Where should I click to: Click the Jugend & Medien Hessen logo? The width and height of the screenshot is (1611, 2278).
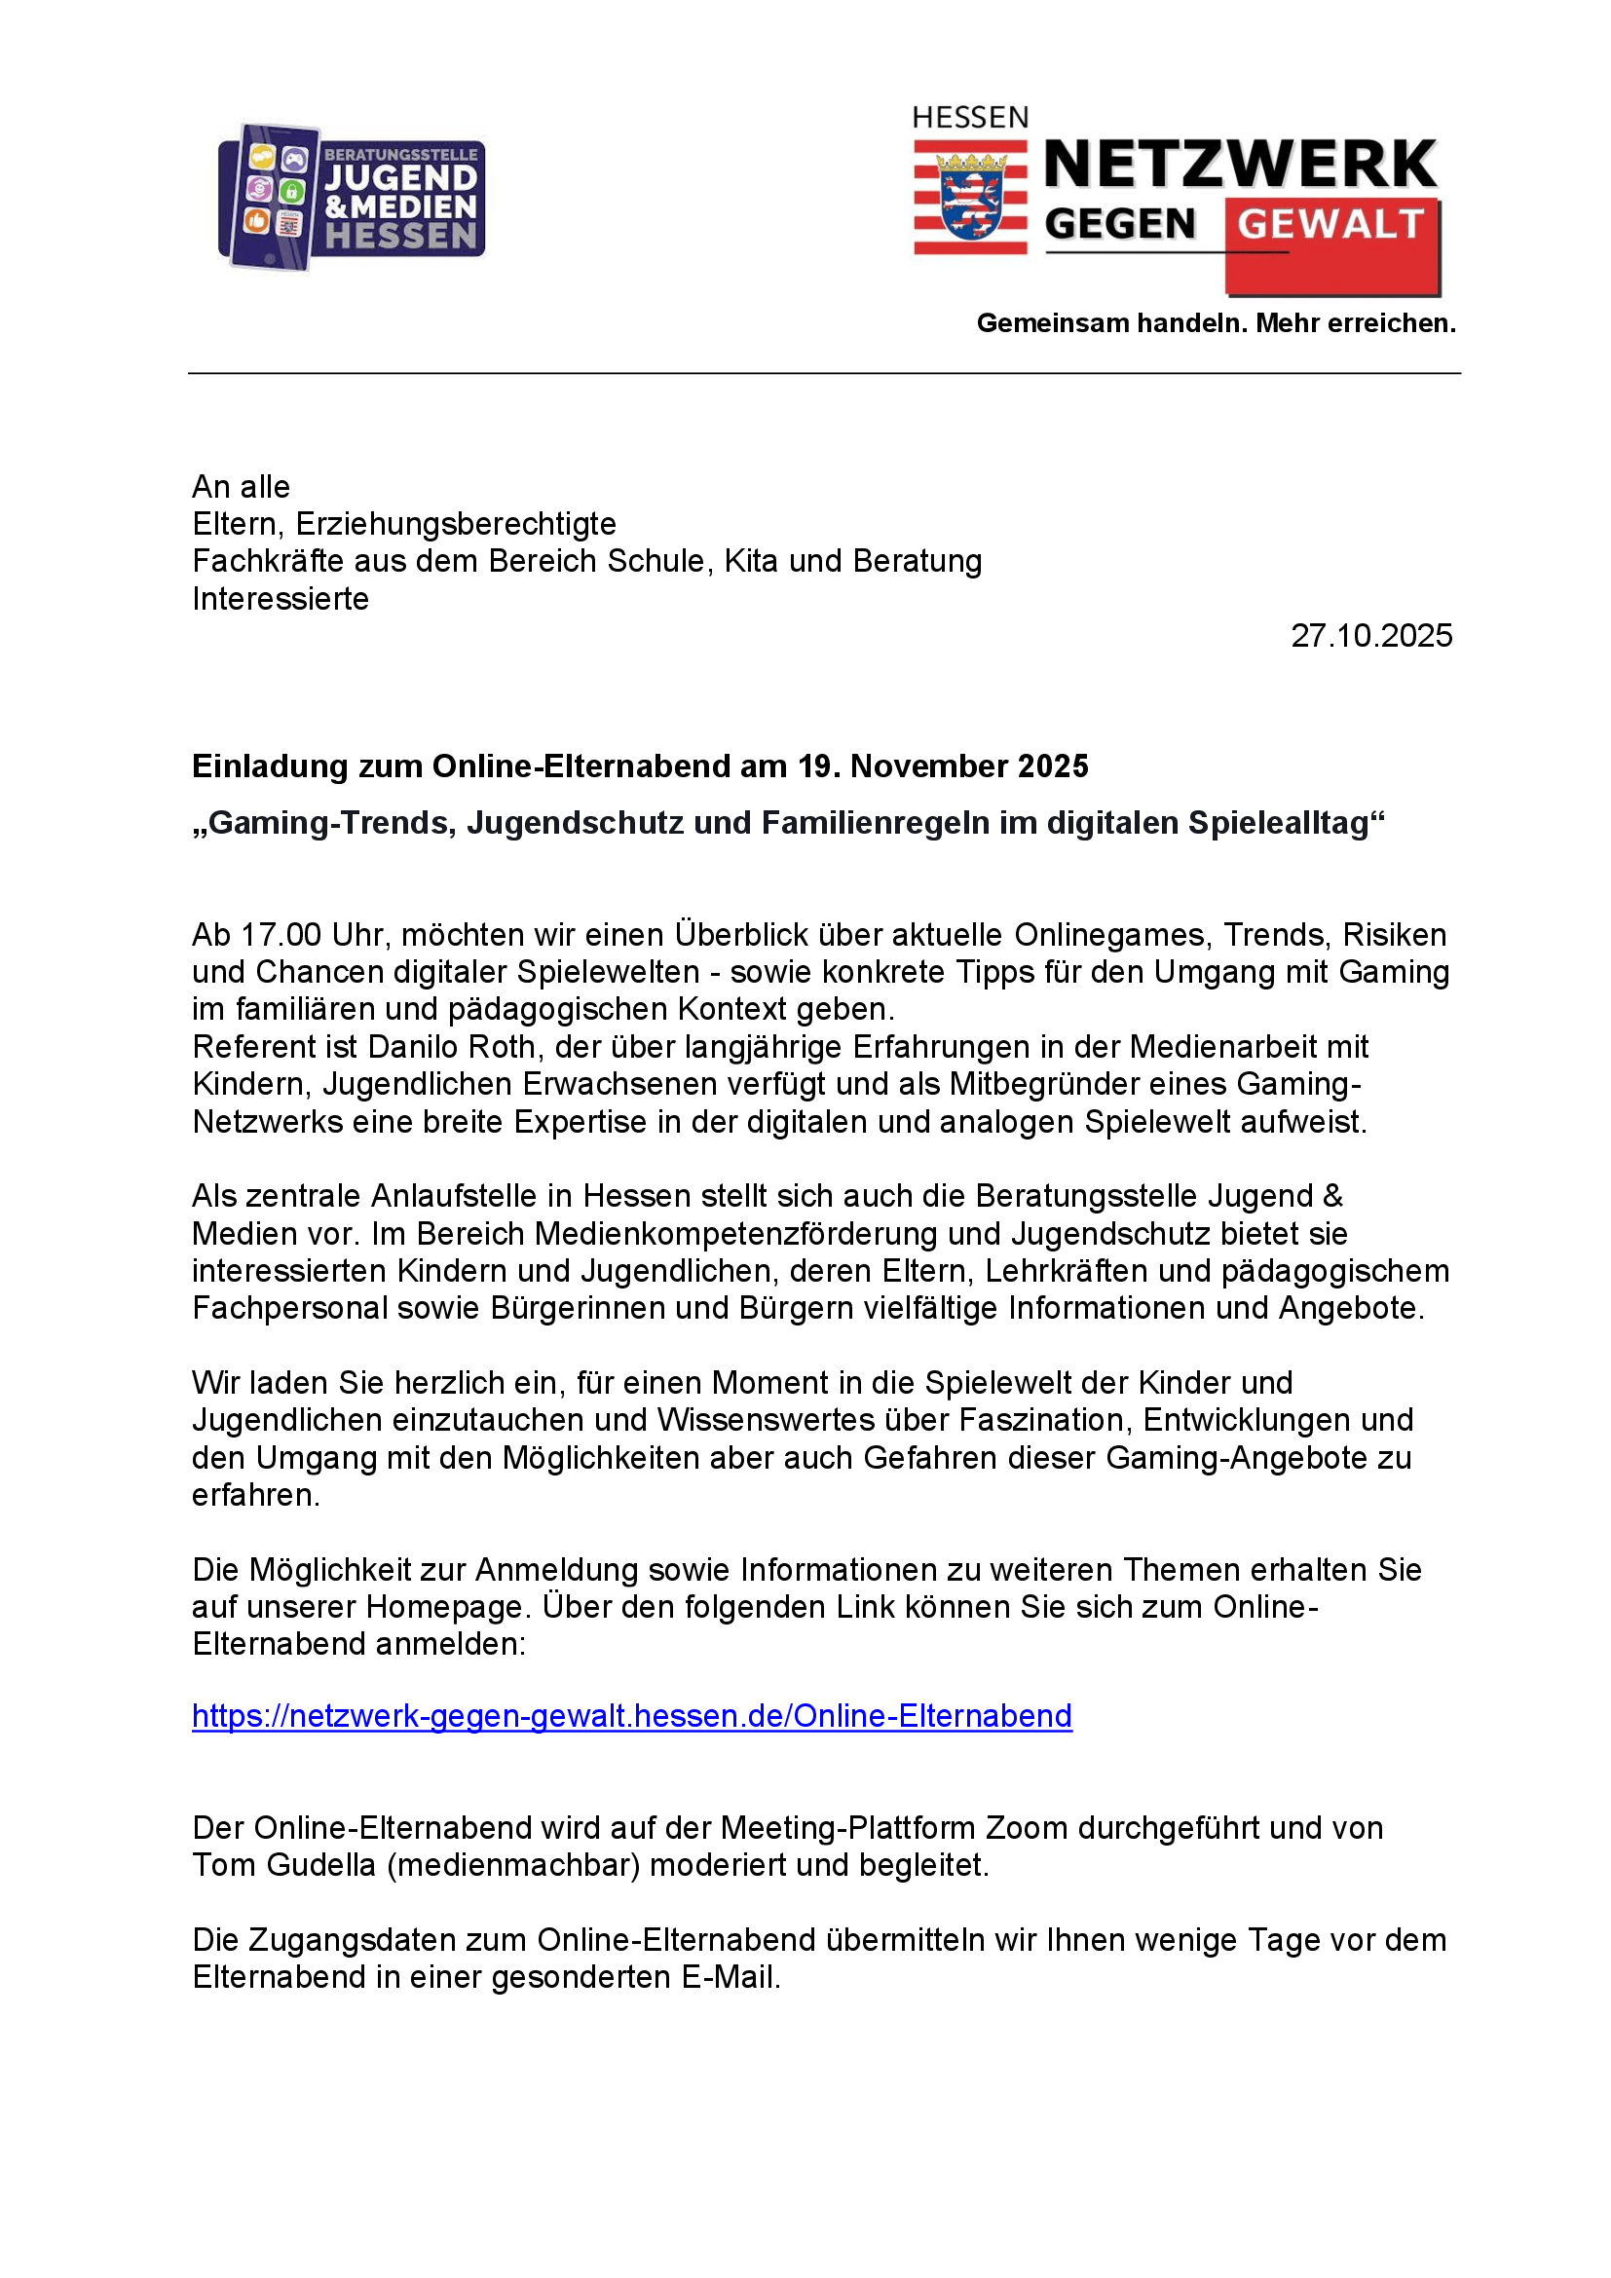(x=352, y=197)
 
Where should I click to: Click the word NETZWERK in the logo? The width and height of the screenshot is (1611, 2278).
(x=1240, y=165)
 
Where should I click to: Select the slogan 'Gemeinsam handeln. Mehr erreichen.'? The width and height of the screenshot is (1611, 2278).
(x=1217, y=323)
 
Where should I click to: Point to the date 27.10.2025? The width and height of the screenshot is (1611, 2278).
(x=1371, y=636)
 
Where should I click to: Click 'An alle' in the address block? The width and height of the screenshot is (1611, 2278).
(x=241, y=487)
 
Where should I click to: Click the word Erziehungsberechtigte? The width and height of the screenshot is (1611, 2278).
(x=455, y=524)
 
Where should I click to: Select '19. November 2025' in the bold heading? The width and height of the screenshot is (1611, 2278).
(x=943, y=766)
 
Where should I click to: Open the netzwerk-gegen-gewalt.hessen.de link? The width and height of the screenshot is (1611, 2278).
(x=632, y=1716)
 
